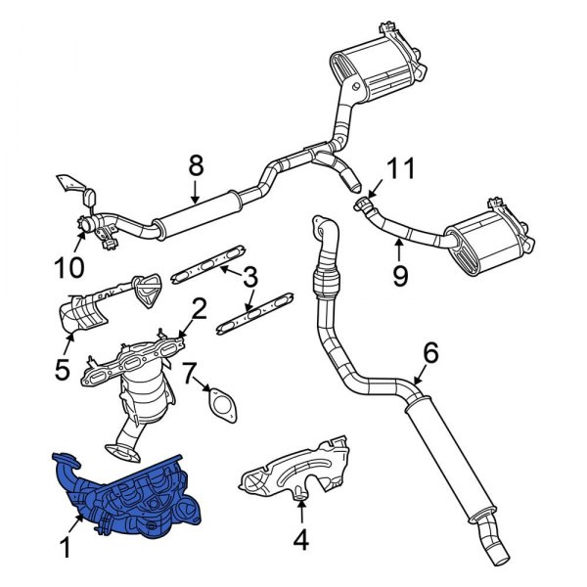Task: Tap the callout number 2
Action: coord(199,309)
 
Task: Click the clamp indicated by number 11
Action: coord(365,205)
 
